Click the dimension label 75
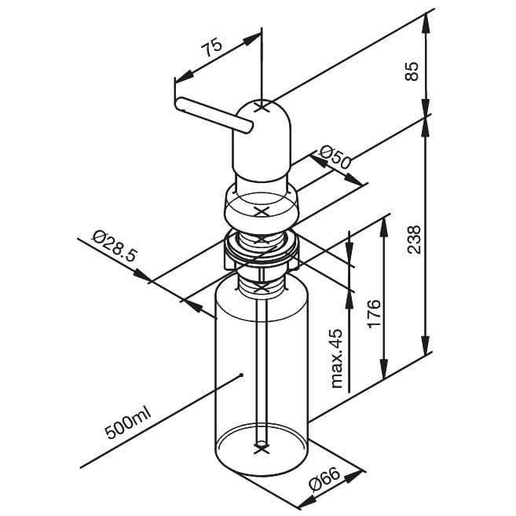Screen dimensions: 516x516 (x=211, y=48)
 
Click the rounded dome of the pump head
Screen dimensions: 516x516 (x=263, y=118)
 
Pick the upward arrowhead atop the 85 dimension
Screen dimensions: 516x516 (x=426, y=19)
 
